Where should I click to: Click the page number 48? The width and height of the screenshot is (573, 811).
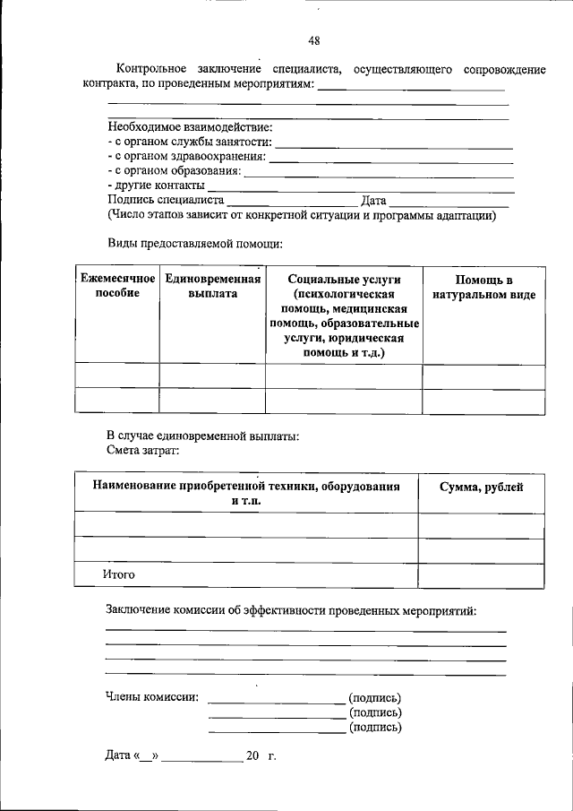313,39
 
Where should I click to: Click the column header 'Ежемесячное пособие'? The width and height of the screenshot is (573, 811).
116,287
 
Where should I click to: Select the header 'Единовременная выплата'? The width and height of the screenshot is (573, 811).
212,287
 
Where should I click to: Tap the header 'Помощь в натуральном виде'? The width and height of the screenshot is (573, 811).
483,287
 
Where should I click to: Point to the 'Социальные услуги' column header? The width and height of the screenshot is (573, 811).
344,280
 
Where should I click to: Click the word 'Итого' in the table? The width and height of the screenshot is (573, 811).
121,574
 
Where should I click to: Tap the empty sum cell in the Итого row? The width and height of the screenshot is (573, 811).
481,574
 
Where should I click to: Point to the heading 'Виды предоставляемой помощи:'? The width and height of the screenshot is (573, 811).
195,243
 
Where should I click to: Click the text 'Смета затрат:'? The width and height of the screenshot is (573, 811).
143,450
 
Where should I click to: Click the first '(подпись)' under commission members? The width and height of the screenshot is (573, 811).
375,698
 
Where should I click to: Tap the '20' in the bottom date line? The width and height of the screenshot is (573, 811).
252,757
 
